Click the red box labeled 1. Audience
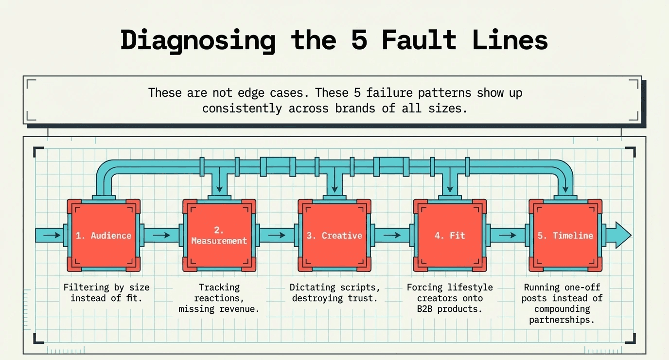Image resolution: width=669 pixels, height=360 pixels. (103, 235)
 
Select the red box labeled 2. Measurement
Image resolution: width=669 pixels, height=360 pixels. (219, 235)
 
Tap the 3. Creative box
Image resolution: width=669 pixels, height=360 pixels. (334, 235)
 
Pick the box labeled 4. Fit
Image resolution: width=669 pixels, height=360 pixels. (450, 235)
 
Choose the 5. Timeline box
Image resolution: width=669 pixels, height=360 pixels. (565, 235)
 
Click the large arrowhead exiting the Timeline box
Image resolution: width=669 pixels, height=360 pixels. (622, 235)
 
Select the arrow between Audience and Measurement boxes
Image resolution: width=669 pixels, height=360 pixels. (162, 235)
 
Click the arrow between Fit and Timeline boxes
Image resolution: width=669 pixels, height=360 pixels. (509, 235)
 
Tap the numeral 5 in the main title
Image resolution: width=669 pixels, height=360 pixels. (359, 40)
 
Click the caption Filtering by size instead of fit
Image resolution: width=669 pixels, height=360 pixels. (106, 292)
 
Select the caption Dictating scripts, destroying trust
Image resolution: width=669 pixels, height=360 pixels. (334, 292)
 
